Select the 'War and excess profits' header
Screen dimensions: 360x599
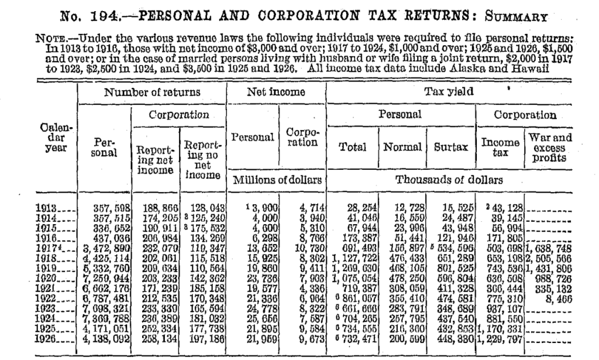[x=549, y=148]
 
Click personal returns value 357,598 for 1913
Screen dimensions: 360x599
[x=105, y=208]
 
